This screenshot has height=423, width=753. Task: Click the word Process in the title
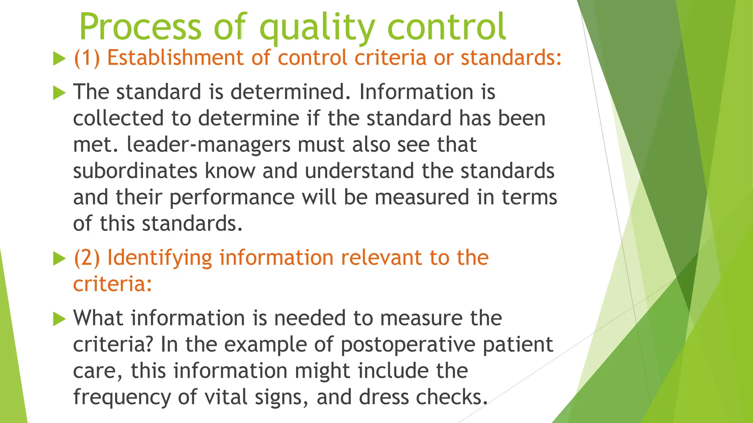(140, 28)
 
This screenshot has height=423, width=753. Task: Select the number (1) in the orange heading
(87, 58)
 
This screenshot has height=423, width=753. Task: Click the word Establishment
(175, 58)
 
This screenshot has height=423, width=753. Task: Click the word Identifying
(160, 258)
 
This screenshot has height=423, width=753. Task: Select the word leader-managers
(208, 145)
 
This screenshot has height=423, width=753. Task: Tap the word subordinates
(135, 171)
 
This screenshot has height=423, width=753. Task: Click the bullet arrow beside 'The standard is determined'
(59, 93)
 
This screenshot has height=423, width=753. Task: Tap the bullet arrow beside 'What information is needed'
(59, 319)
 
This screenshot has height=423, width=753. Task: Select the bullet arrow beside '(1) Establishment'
(59, 59)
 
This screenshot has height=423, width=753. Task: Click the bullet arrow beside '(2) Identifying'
(59, 258)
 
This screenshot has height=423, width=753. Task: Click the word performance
(232, 198)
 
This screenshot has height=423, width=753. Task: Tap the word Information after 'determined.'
(416, 92)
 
